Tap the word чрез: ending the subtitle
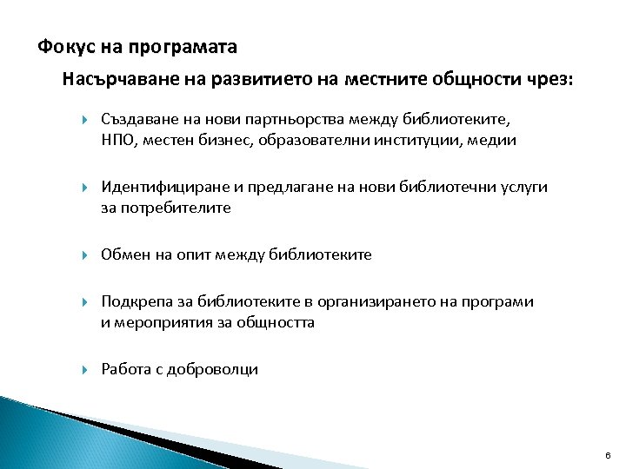click(549, 80)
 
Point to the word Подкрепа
click(133, 301)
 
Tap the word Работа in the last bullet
click(125, 369)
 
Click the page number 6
click(608, 456)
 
